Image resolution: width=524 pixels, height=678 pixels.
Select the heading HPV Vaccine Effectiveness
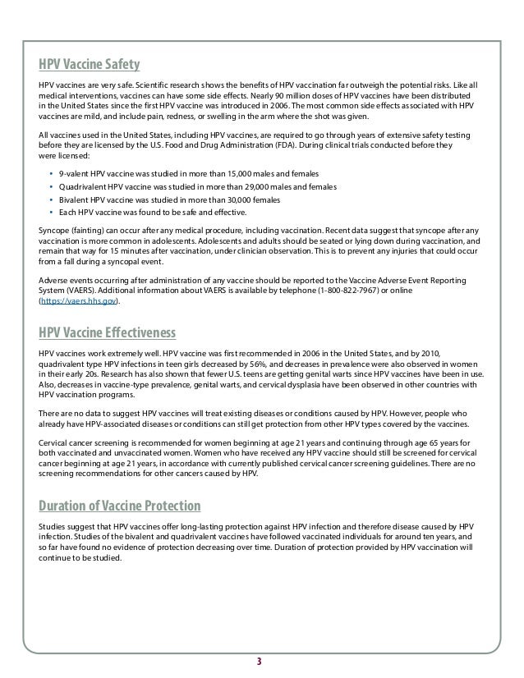click(x=107, y=332)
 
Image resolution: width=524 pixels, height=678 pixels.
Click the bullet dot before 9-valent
click(x=51, y=175)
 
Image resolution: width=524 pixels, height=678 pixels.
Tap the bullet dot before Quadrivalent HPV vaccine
click(x=51, y=187)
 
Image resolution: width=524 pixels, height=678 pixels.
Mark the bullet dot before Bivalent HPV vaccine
click(x=51, y=199)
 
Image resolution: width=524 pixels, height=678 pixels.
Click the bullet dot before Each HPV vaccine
click(x=51, y=212)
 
